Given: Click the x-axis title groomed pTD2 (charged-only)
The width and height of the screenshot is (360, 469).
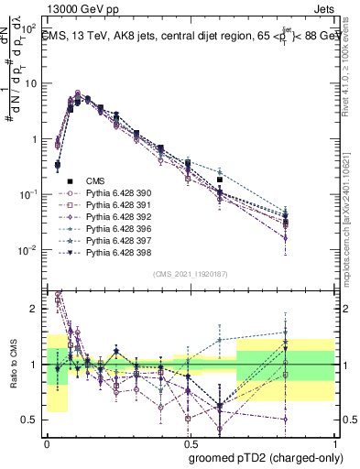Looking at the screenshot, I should [x=266, y=457].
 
